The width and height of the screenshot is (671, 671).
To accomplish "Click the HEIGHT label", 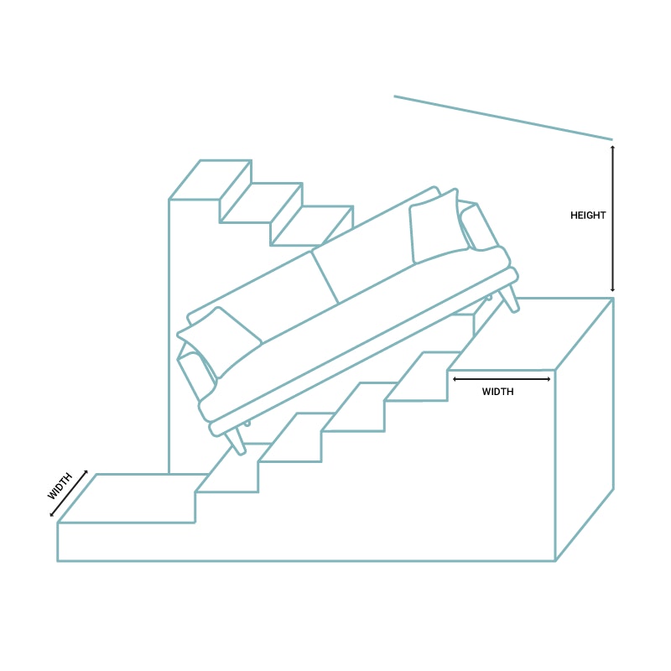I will pyautogui.click(x=588, y=216).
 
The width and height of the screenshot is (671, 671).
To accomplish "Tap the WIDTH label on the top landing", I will pyautogui.click(x=498, y=392).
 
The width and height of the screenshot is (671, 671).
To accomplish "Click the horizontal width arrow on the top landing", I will pyautogui.click(x=502, y=379).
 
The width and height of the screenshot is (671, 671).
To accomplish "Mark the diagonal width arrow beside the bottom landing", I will pyautogui.click(x=68, y=494).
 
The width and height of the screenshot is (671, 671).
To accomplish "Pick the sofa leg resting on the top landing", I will pyautogui.click(x=509, y=298).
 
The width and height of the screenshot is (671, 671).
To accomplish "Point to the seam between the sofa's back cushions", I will pyautogui.click(x=325, y=277).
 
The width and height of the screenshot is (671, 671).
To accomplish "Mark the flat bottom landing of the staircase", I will pyautogui.click(x=134, y=498).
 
